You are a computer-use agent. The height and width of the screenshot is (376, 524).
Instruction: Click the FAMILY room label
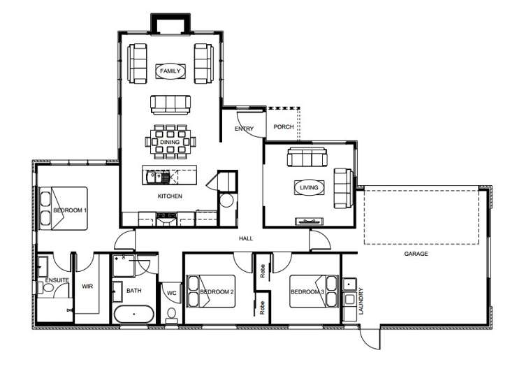point(170,71)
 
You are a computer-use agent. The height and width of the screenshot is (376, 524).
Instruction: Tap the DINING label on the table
point(170,142)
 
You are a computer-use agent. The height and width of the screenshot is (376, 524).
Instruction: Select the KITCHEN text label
point(170,196)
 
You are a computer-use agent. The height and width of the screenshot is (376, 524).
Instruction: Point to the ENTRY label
point(244,129)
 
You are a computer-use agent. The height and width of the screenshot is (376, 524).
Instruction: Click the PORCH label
point(283,127)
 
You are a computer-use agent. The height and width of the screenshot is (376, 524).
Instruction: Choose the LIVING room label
point(309,187)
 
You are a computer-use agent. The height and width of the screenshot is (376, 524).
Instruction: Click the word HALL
point(246,238)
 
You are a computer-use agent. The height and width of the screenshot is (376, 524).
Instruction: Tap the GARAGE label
point(416,254)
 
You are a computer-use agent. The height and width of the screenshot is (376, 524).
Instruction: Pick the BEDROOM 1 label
point(71,210)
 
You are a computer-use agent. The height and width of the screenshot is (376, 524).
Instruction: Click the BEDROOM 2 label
point(216,291)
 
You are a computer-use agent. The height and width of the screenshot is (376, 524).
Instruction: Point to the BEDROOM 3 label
point(307,291)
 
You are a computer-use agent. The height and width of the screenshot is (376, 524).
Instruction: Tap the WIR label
point(87,286)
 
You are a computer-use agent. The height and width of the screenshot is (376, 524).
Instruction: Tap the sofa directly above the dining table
point(170,105)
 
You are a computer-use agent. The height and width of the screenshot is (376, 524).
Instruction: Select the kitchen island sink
point(154,176)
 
